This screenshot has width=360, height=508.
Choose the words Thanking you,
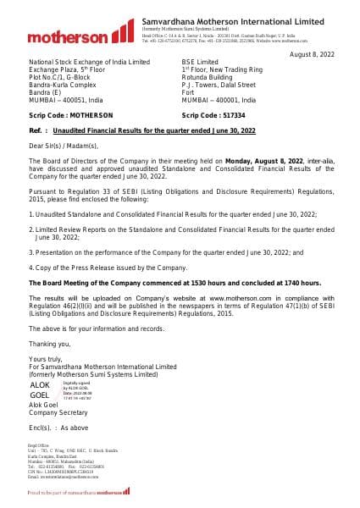tap(49, 343)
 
